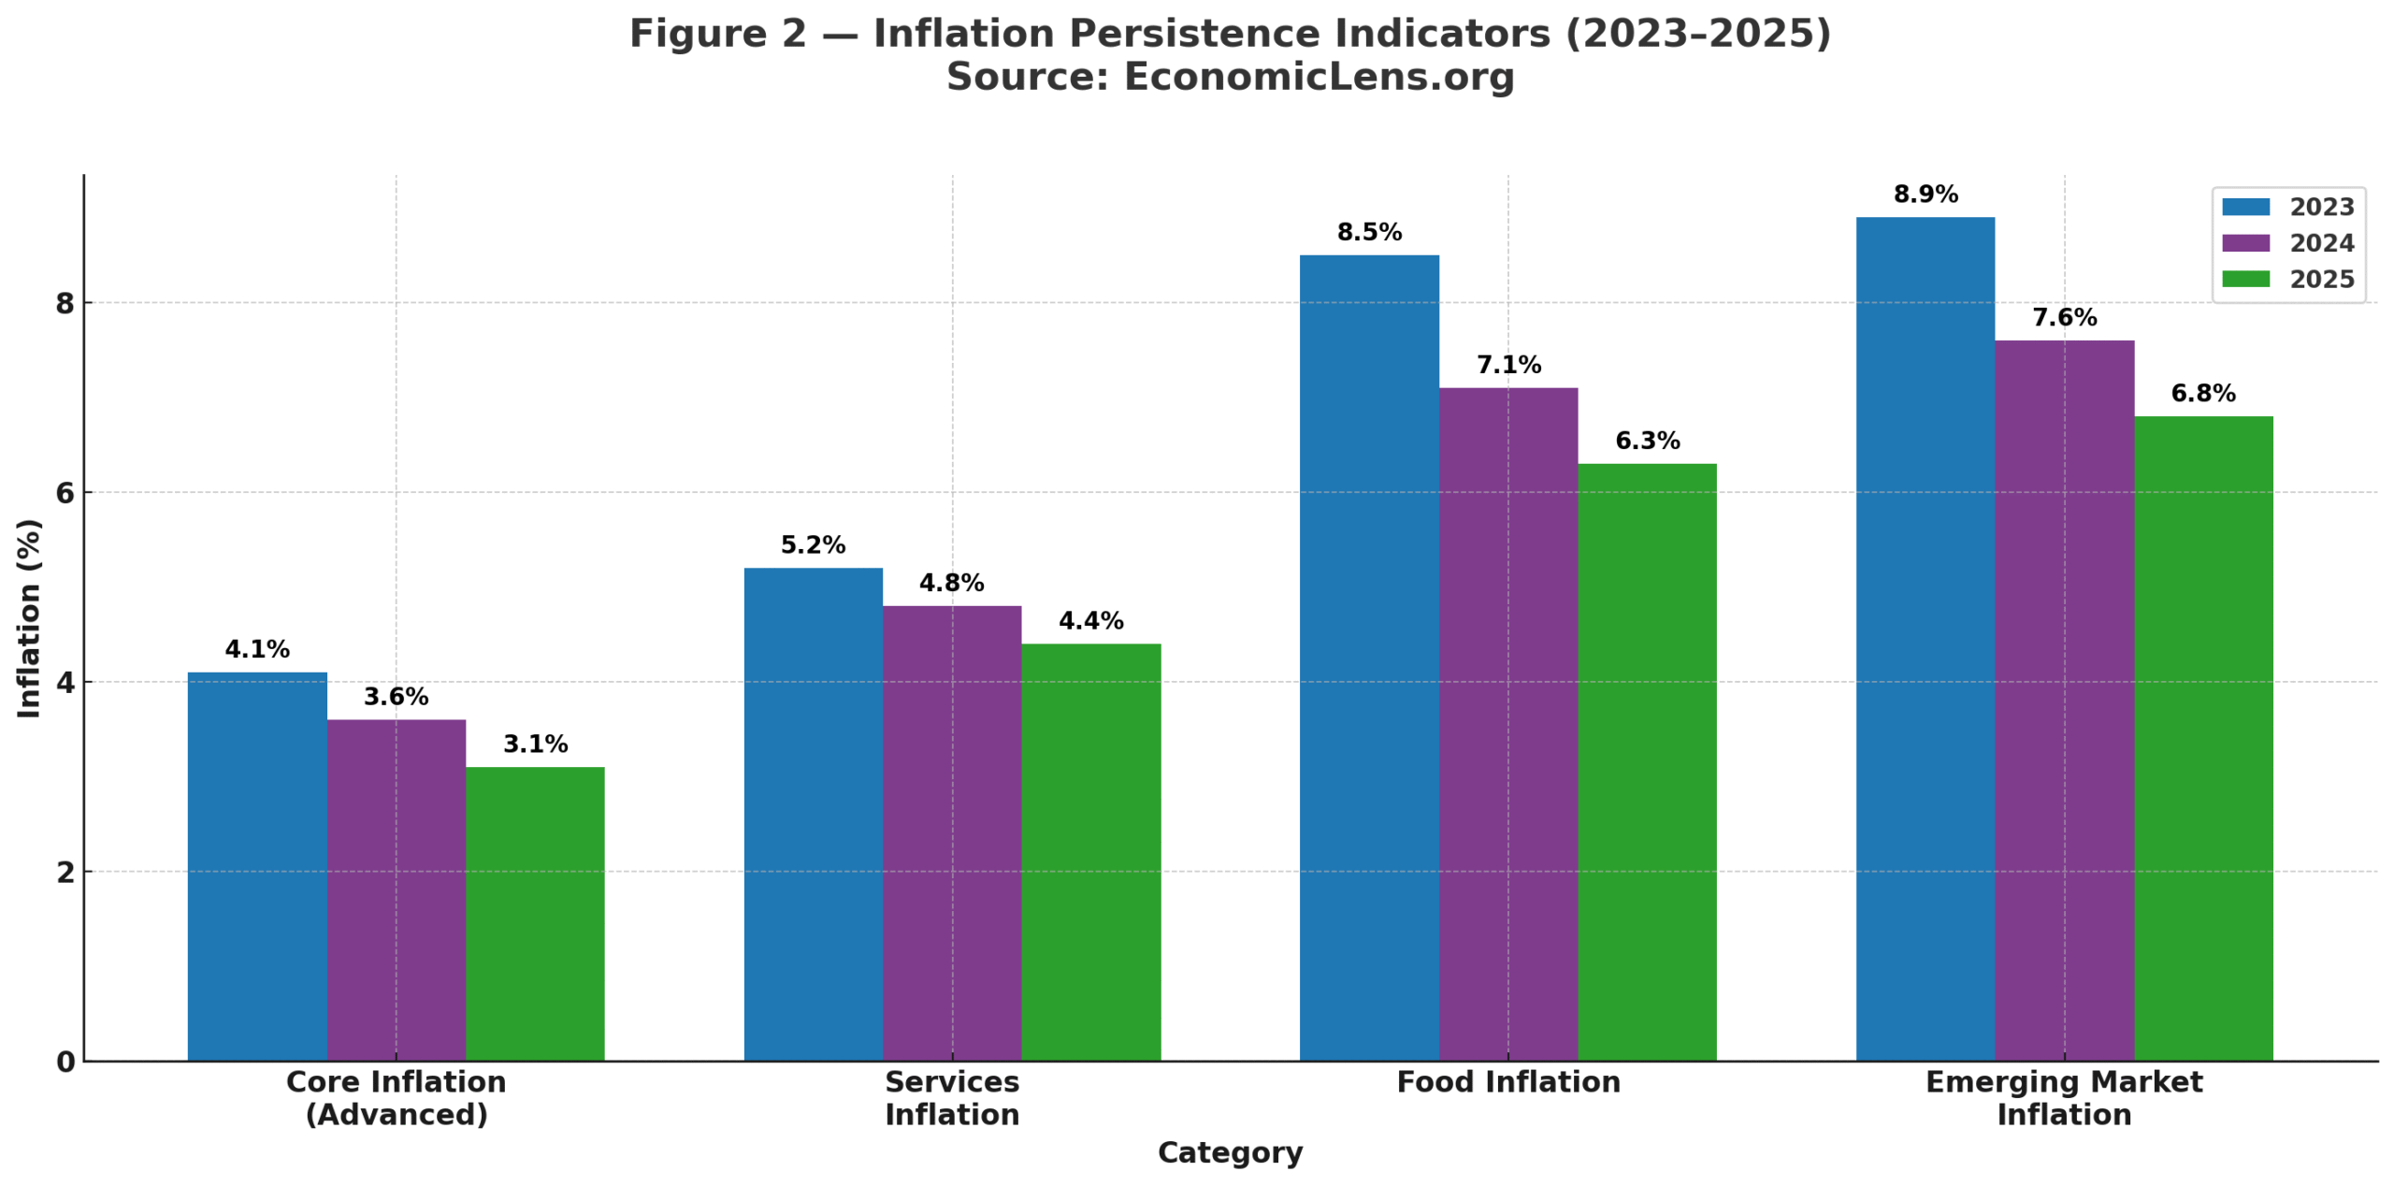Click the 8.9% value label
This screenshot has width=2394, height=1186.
(1925, 195)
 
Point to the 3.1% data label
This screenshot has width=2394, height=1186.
(535, 744)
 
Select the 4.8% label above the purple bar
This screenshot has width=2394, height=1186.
(951, 583)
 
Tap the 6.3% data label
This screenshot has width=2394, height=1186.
(1647, 441)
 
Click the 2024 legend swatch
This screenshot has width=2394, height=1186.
(2244, 243)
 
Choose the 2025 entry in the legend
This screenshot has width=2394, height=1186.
(2321, 279)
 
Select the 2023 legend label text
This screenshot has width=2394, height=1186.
(2321, 207)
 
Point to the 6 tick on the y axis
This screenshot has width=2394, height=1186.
(65, 493)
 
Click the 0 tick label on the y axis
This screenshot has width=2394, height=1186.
(65, 1062)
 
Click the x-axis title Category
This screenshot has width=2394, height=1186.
(1230, 1152)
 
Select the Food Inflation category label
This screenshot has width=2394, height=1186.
(1507, 1082)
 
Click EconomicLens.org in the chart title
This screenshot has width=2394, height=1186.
(1319, 77)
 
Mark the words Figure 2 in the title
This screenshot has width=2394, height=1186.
(716, 34)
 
